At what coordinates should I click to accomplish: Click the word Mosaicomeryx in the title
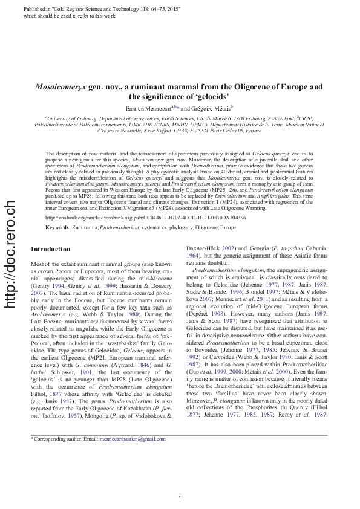[60, 88]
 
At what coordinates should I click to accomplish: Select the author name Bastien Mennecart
[148, 107]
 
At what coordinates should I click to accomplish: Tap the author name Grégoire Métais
[215, 107]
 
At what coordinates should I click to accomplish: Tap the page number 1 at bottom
[180, 497]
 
